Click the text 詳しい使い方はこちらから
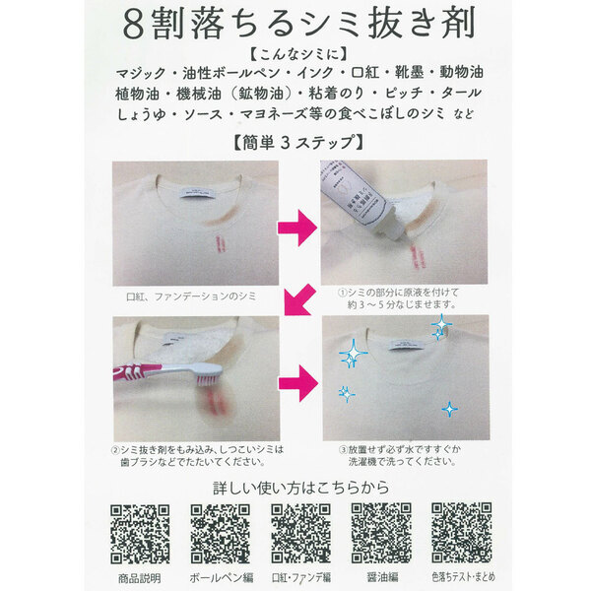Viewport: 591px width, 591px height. (x=295, y=488)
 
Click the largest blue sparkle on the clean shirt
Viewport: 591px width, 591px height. (x=350, y=353)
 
